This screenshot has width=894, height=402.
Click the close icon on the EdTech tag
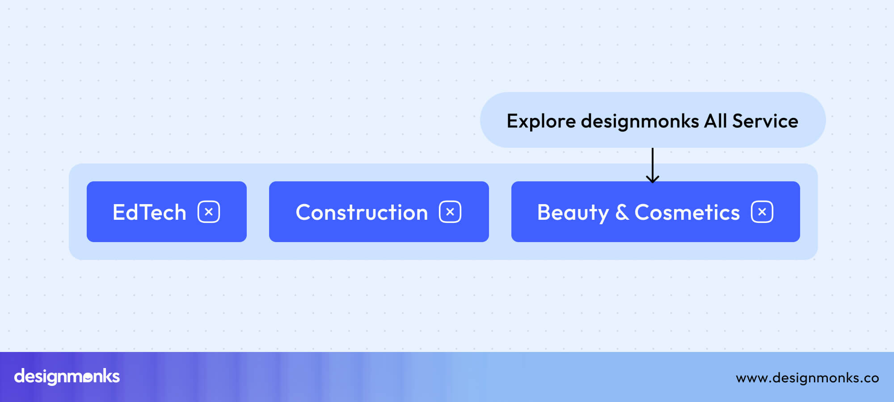point(209,212)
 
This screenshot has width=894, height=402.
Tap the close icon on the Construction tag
point(450,212)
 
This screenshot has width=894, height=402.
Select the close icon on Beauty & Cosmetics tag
point(762,212)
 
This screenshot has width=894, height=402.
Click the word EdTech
point(149,212)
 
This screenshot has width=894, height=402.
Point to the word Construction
point(362,212)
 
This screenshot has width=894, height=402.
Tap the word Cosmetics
point(687,212)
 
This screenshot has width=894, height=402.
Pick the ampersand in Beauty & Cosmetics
point(622,212)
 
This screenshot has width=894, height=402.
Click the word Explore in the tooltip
point(541,121)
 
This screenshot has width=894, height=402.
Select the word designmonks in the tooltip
point(640,121)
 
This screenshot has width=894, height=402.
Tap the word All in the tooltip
point(715,121)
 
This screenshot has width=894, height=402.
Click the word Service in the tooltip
point(765,121)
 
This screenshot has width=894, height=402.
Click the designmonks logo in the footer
point(67,377)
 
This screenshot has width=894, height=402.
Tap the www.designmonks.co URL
point(807,378)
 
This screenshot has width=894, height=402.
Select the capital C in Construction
point(304,212)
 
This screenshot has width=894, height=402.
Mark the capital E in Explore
point(512,121)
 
